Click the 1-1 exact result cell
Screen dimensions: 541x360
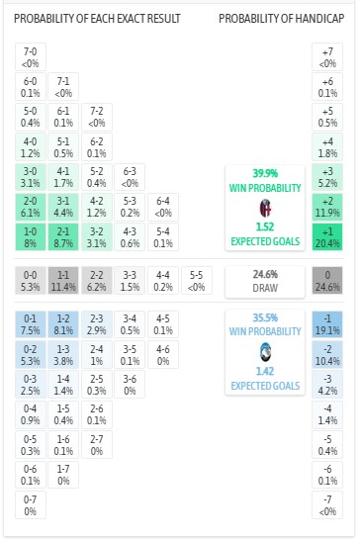[x=64, y=281]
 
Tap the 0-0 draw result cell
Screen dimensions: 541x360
[x=31, y=281]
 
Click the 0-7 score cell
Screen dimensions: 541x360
[x=31, y=505]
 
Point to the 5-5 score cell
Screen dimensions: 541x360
[x=198, y=281]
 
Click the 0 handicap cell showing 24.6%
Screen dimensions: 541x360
[x=327, y=281]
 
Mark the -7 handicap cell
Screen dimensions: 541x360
[x=327, y=505]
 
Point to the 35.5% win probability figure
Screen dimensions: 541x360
[x=264, y=318]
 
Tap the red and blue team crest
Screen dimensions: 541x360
[x=264, y=208]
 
